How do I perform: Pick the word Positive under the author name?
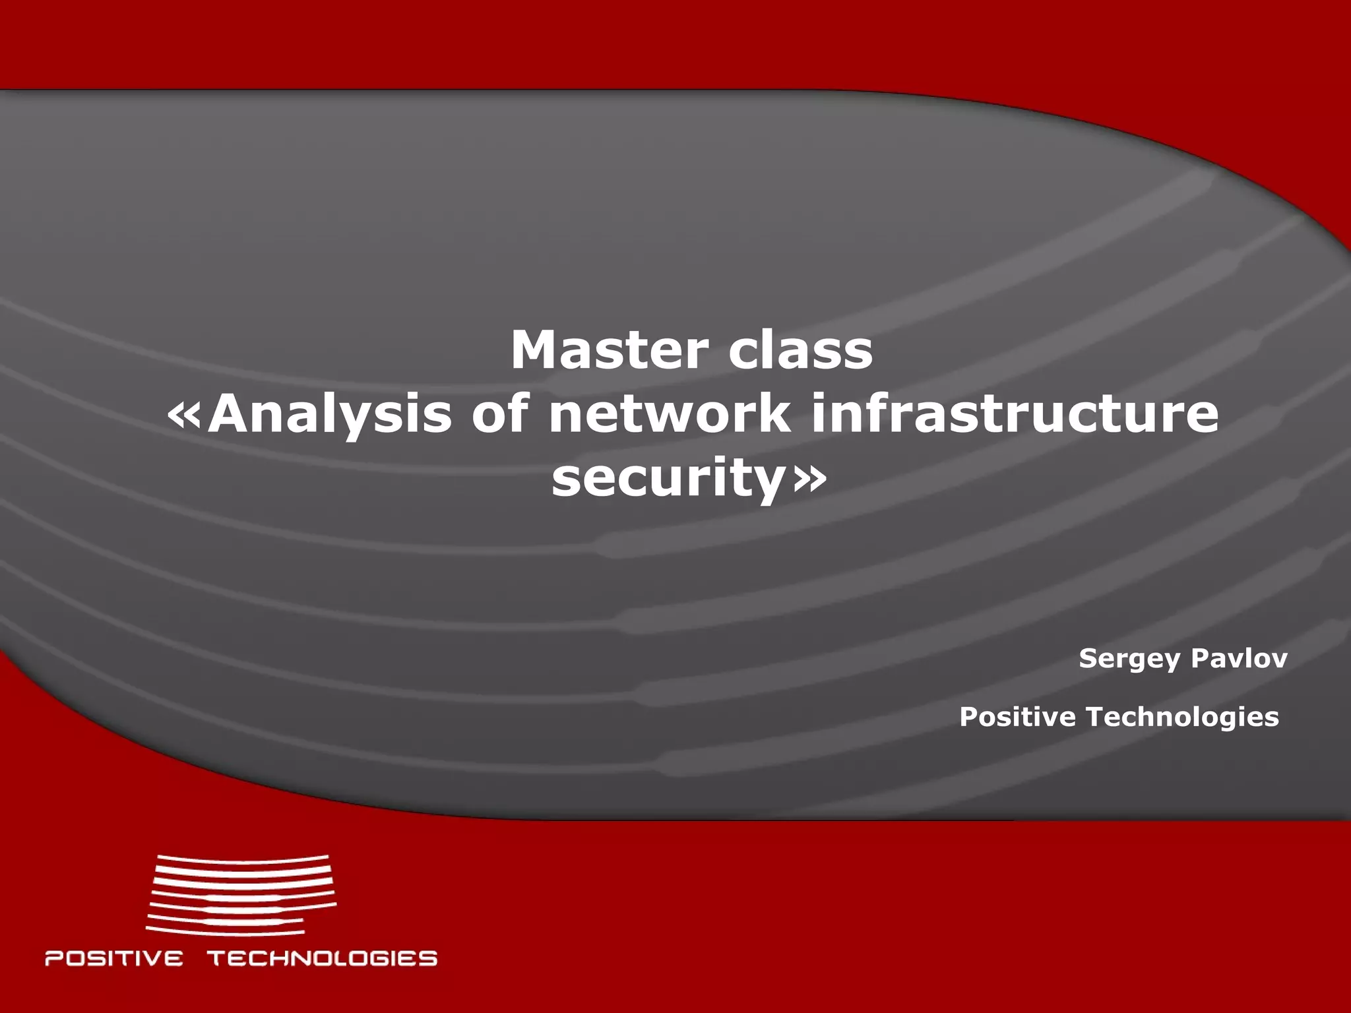(x=1017, y=717)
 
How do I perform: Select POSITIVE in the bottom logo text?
(x=113, y=958)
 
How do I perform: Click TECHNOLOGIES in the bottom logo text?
(x=323, y=958)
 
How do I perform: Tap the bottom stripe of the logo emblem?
(x=224, y=931)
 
